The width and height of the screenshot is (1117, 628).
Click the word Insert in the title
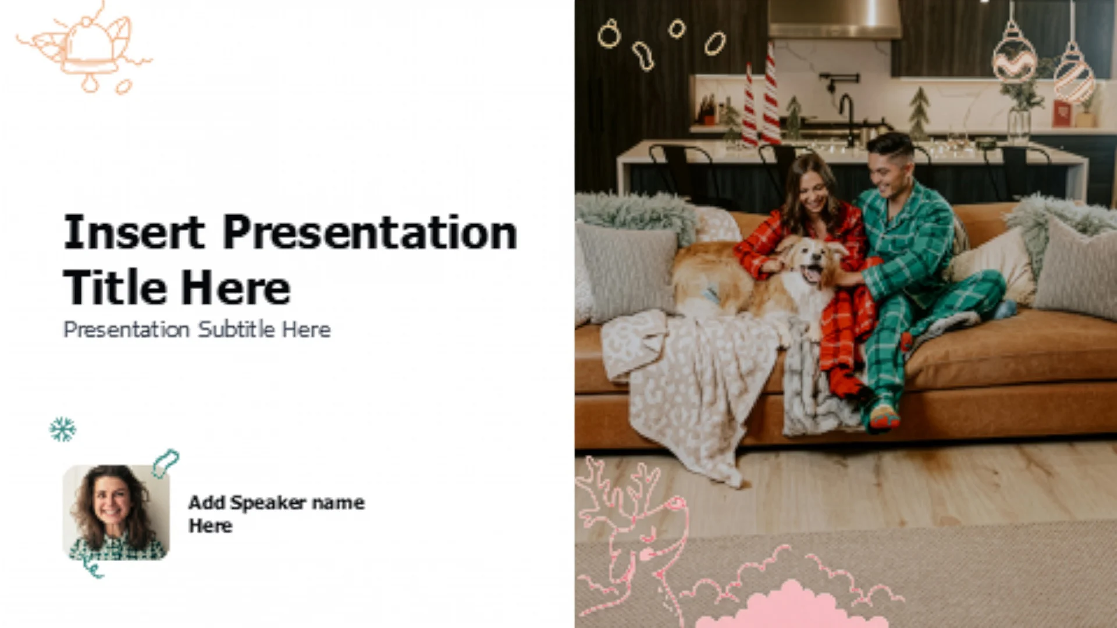134,232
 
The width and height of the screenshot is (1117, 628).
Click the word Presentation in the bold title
370,232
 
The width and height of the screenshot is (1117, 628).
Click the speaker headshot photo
116,512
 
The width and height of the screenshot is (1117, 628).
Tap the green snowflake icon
63,429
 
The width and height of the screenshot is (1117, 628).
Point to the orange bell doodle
87,49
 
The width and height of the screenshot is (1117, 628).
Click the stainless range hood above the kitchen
834,19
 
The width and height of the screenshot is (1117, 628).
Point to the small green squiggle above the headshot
165,463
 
